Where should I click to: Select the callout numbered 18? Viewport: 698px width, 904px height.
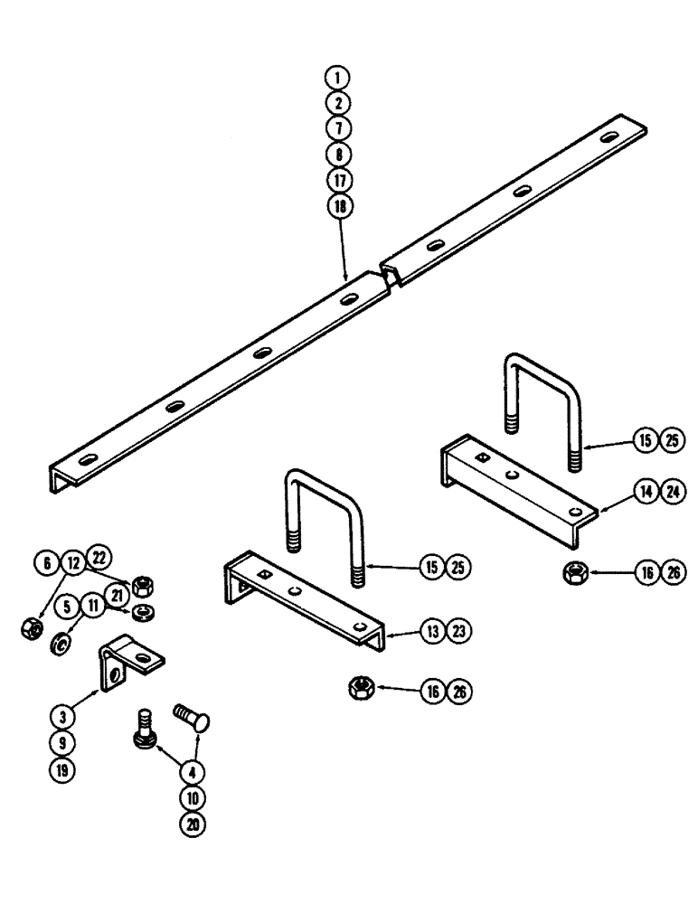coord(343,205)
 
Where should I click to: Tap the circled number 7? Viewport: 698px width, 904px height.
coord(343,128)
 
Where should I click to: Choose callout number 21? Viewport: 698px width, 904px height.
coord(118,594)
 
